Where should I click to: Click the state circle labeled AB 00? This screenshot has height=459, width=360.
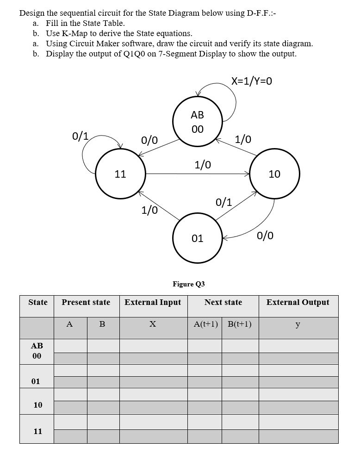(x=198, y=121)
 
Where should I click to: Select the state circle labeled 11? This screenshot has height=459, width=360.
(x=121, y=174)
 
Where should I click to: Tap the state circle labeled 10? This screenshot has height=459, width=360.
(x=274, y=174)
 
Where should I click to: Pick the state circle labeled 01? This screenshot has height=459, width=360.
(x=198, y=238)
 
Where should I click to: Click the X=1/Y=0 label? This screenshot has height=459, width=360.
(x=252, y=81)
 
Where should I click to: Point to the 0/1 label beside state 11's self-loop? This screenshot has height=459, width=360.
(x=80, y=136)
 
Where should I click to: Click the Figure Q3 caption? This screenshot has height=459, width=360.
(x=188, y=284)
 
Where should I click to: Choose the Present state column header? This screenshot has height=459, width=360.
(x=86, y=303)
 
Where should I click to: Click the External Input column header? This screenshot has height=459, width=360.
(x=153, y=303)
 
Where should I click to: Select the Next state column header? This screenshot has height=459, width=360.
(x=223, y=303)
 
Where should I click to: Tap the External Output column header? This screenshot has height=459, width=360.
(x=298, y=303)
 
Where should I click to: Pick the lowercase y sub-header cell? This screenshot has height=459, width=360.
(x=298, y=324)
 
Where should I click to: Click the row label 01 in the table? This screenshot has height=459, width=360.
(x=36, y=381)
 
